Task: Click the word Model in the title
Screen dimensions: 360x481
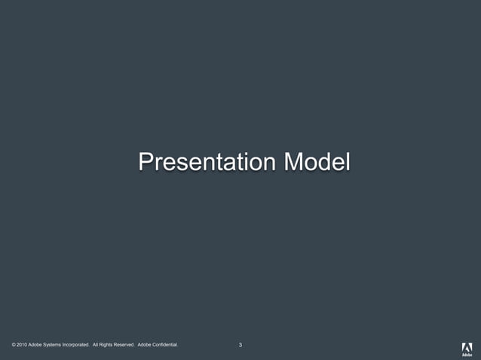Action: coord(317,161)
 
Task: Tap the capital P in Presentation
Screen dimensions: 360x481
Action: coord(146,161)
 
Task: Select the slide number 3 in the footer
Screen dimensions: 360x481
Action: coord(240,345)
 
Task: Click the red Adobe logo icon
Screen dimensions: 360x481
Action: coord(467,346)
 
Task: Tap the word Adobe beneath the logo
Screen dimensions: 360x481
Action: coord(467,355)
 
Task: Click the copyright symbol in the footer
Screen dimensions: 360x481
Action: coord(14,345)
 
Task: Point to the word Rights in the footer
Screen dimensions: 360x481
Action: coord(106,345)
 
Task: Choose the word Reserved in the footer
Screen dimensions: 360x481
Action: coord(124,345)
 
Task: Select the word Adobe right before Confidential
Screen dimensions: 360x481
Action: coord(146,345)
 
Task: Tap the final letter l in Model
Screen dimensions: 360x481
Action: coord(348,161)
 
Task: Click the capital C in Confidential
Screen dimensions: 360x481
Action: coord(156,345)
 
